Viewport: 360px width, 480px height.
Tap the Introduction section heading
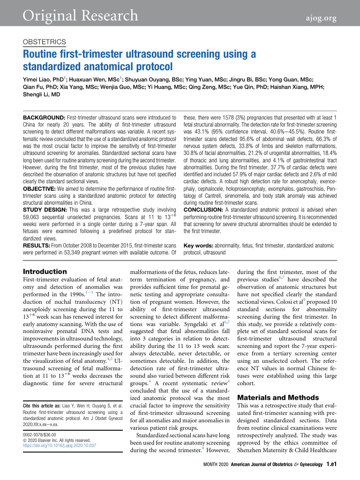pyautogui.click(x=45, y=271)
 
